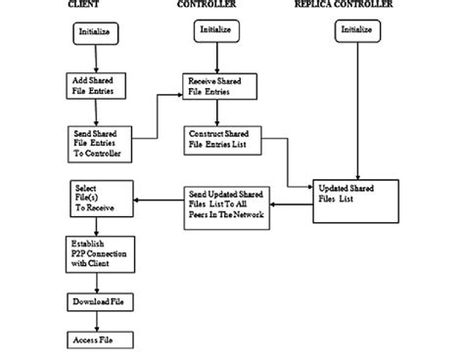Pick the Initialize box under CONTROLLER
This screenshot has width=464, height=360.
(x=218, y=29)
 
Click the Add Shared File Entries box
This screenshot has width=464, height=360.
(x=96, y=86)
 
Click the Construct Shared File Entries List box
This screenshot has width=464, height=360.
(x=219, y=138)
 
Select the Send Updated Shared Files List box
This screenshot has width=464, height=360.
(x=226, y=203)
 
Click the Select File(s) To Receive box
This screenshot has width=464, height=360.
(x=96, y=200)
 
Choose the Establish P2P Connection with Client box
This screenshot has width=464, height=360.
(x=97, y=251)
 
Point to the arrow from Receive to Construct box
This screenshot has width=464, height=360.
(x=219, y=112)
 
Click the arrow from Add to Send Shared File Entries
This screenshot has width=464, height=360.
(x=97, y=112)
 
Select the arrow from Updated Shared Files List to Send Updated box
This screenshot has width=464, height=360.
(x=291, y=204)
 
